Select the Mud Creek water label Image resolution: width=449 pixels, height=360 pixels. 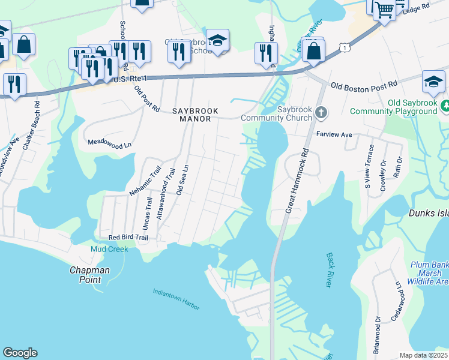tap(109, 249)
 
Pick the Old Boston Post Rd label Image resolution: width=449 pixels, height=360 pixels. tap(364, 86)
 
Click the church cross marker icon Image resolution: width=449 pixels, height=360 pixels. tap(321, 112)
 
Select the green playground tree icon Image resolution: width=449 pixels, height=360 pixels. tap(445, 107)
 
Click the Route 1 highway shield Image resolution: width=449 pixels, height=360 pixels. tap(342, 47)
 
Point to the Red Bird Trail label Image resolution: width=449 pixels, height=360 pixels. tap(124, 238)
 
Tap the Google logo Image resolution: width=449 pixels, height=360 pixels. tap(20, 353)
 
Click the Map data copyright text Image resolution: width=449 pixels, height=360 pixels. tap(423, 355)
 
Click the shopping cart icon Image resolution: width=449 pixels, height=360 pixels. tap(384, 10)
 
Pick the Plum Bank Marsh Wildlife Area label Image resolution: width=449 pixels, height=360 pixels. tap(428, 273)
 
